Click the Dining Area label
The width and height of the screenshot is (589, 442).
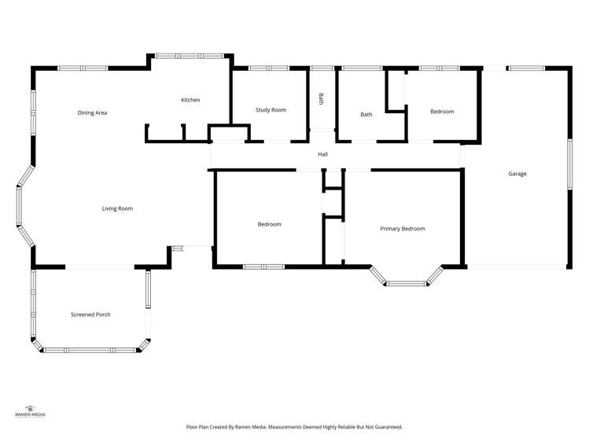(92, 113)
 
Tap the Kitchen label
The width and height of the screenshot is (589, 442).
(190, 100)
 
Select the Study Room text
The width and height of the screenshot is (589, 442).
(271, 110)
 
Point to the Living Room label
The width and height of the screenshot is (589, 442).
(117, 208)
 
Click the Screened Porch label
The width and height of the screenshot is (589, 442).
(90, 315)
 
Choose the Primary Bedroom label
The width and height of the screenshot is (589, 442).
(402, 229)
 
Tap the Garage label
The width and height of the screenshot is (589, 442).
(517, 174)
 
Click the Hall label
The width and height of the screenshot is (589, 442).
(322, 154)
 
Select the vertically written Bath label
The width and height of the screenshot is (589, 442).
(321, 99)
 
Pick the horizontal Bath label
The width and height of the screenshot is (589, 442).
(366, 115)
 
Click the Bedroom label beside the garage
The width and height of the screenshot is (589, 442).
(442, 112)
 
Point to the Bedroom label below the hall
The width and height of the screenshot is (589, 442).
(269, 224)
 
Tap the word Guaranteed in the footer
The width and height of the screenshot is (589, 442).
(387, 427)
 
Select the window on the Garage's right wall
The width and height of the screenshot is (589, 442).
(569, 164)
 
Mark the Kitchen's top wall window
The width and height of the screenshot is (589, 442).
(189, 56)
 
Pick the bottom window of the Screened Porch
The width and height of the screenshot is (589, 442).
(90, 350)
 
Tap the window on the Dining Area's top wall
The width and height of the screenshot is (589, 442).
(83, 68)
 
